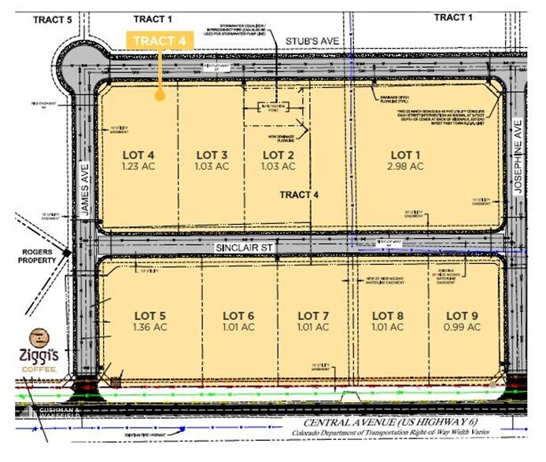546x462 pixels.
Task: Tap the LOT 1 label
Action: tap(406, 153)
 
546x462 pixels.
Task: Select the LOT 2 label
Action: tap(279, 154)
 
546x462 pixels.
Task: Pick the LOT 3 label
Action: tap(212, 154)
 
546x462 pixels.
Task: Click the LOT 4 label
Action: tap(138, 154)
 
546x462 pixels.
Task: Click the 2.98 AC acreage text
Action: tap(406, 167)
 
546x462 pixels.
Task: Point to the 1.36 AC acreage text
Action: tap(149, 328)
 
